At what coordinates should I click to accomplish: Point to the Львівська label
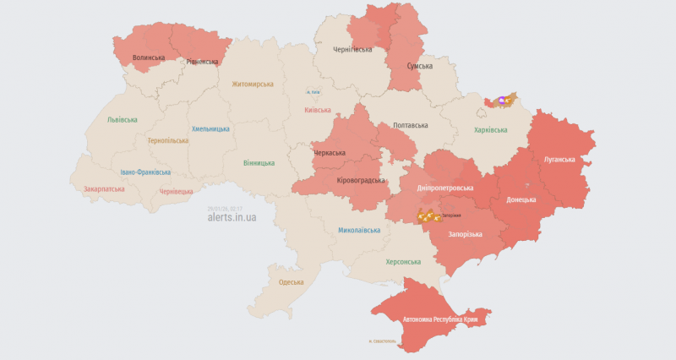pyautogui.click(x=122, y=119)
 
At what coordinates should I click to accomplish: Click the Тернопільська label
pyautogui.click(x=169, y=140)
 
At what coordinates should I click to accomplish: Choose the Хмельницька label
pyautogui.click(x=210, y=128)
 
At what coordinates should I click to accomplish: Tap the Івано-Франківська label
pyautogui.click(x=144, y=172)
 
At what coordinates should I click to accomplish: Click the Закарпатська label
pyautogui.click(x=104, y=188)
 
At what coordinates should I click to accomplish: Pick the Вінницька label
pyautogui.click(x=259, y=162)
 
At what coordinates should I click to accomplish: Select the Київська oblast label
pyautogui.click(x=318, y=110)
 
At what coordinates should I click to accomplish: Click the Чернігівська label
pyautogui.click(x=352, y=50)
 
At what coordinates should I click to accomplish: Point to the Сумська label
pyautogui.click(x=419, y=66)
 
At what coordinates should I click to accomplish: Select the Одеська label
pyautogui.click(x=291, y=281)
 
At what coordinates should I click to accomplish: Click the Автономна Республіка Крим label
pyautogui.click(x=444, y=320)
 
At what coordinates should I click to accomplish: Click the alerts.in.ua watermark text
pyautogui.click(x=232, y=217)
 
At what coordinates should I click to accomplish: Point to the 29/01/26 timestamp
pyautogui.click(x=225, y=207)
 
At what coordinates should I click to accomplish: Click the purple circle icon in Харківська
pyautogui.click(x=503, y=101)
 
